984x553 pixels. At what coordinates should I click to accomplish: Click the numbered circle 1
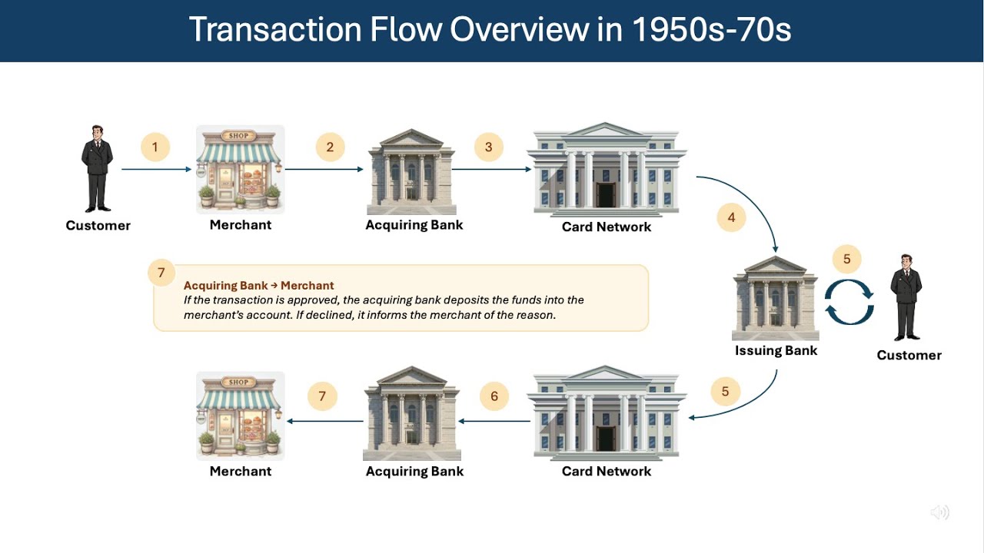click(x=155, y=147)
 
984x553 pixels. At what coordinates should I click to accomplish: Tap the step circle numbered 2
click(x=330, y=147)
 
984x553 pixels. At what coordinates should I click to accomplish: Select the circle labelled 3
click(x=488, y=147)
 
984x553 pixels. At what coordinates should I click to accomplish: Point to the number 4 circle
click(x=731, y=217)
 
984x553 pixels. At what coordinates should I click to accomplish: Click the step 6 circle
click(x=494, y=396)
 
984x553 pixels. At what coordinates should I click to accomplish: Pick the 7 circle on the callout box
click(x=161, y=273)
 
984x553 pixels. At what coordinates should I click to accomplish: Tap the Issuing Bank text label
click(x=776, y=351)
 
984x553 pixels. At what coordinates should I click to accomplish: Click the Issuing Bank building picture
click(x=776, y=298)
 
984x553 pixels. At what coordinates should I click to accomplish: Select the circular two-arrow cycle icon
click(x=849, y=302)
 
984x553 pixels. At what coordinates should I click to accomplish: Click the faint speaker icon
click(x=939, y=512)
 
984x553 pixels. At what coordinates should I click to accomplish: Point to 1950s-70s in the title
click(x=711, y=30)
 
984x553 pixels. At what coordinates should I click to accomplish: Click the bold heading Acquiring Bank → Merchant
click(x=258, y=286)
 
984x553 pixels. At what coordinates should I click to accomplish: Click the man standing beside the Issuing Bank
click(x=906, y=298)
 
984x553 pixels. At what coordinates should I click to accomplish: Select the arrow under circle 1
click(x=156, y=169)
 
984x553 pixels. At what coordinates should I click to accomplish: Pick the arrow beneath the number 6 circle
click(x=494, y=421)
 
